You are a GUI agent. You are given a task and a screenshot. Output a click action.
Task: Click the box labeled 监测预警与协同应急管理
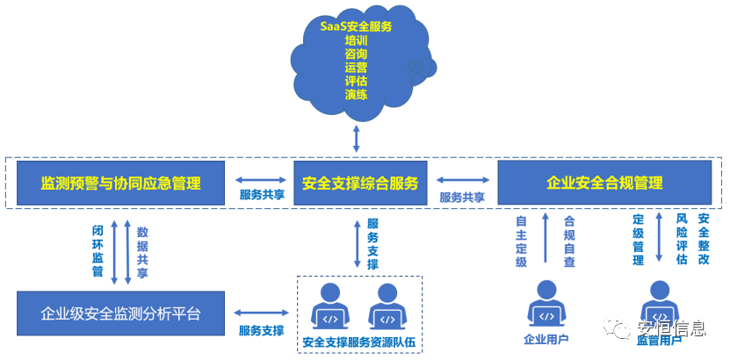(121, 183)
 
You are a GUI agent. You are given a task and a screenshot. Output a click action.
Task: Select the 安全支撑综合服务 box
(360, 183)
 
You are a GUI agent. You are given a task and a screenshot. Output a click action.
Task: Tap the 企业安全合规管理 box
(604, 183)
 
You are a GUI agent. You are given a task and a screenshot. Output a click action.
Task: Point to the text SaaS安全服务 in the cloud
(356, 26)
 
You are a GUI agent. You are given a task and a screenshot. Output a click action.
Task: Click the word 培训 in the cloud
(356, 40)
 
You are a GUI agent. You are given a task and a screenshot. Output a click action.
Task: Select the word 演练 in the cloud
(356, 95)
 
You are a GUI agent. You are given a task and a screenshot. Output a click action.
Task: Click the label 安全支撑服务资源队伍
(358, 342)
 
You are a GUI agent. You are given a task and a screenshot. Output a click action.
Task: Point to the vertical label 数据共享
(142, 251)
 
